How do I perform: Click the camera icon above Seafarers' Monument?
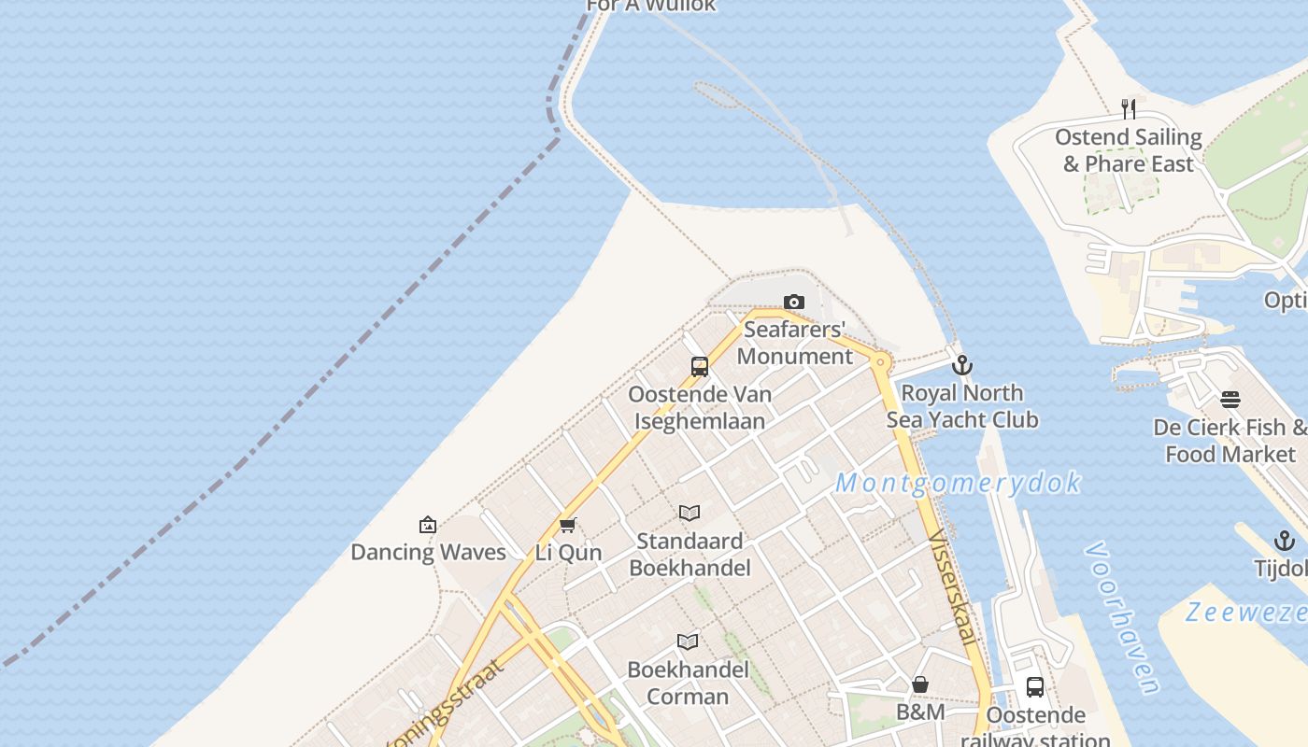pos(794,302)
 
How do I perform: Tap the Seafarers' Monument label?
pos(795,343)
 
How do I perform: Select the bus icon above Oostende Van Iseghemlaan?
pos(700,367)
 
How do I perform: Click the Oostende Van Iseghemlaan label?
pos(700,407)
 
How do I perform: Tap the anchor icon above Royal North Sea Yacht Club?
pos(961,365)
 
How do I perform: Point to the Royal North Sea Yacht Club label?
pos(961,406)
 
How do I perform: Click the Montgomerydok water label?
pos(958,483)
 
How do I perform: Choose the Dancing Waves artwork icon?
pos(428,525)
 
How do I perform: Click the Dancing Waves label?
pos(428,552)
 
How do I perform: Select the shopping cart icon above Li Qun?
pos(567,525)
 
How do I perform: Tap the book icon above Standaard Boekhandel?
pos(690,513)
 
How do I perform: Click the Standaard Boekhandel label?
pos(690,554)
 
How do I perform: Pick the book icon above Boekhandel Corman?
pos(688,641)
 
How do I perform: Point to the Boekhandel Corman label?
pos(688,683)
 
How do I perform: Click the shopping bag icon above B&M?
pos(920,684)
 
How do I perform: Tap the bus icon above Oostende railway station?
pos(1035,687)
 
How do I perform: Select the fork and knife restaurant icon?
pos(1129,109)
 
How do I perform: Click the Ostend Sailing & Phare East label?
pos(1129,150)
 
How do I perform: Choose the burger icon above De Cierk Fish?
pos(1230,400)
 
